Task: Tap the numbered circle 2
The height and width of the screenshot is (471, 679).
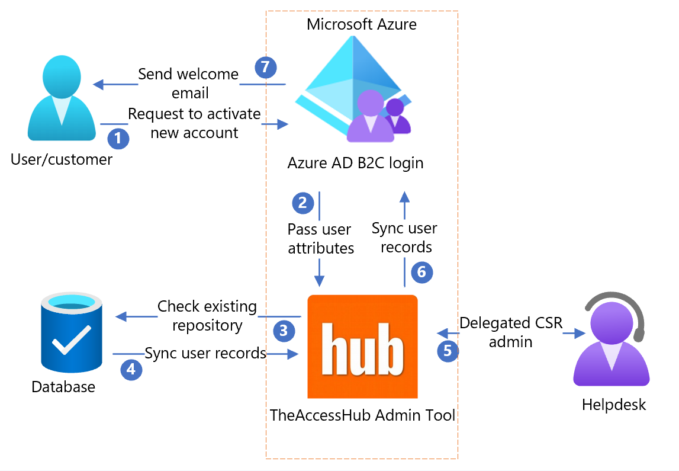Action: coord(303,203)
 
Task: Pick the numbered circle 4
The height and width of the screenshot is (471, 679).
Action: coord(131,370)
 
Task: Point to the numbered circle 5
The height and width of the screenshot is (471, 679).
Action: coord(448,350)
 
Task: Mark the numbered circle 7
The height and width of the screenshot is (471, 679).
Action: coord(266,68)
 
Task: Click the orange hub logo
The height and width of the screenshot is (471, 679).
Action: coord(362,347)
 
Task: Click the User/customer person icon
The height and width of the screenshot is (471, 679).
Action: coord(62,98)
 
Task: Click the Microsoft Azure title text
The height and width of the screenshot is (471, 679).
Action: coord(361,24)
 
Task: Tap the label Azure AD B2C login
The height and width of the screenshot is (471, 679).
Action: coord(355,163)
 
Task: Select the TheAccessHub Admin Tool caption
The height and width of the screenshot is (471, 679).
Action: coord(362,415)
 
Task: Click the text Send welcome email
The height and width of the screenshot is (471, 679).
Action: coord(189,84)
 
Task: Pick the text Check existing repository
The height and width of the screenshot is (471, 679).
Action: coord(207,316)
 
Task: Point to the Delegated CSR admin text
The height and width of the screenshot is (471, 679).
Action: coord(511,332)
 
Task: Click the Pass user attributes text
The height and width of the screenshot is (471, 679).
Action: coord(320,239)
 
